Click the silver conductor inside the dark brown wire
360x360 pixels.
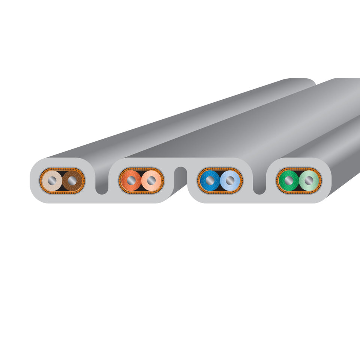[x=72, y=181]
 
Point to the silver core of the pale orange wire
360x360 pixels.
[x=151, y=181]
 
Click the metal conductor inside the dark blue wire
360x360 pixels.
[x=210, y=181]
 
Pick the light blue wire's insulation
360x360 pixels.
[x=235, y=176]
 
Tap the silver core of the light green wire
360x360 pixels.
[x=309, y=181]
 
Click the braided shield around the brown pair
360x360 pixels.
[x=62, y=169]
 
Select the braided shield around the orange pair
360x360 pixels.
[x=141, y=169]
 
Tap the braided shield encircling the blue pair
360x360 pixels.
[x=220, y=169]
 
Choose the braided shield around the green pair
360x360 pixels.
[x=298, y=169]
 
